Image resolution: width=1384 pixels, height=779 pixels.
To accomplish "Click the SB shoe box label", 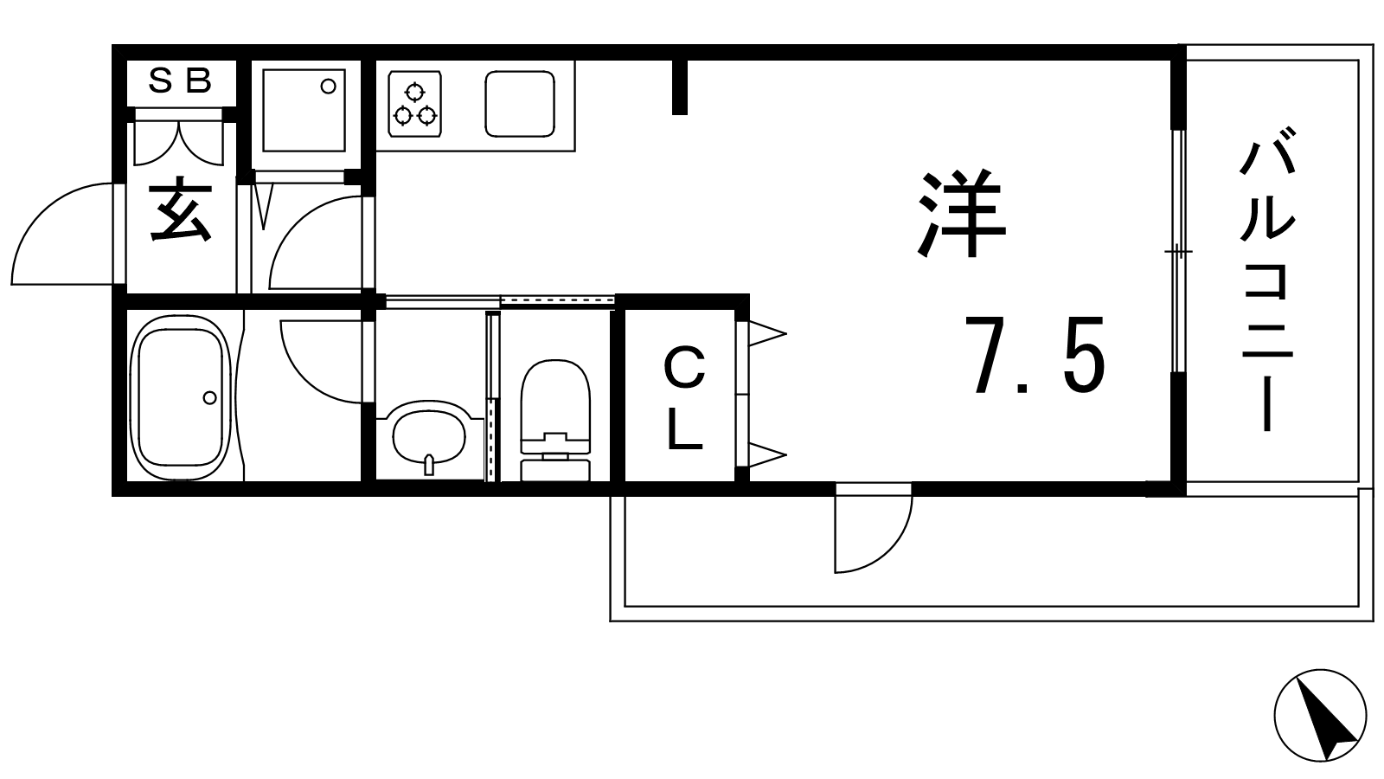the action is (x=180, y=81).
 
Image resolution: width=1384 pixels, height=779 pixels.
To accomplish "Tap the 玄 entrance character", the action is (x=181, y=209).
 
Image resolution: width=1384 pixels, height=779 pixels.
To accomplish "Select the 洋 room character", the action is (x=962, y=213).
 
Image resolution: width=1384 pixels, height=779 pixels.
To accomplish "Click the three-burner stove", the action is (x=414, y=104).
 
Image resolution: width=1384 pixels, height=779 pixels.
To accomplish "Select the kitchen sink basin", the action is (x=520, y=104).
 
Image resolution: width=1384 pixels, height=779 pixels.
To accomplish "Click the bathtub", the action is (x=180, y=397).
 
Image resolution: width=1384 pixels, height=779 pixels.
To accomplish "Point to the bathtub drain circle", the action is (x=209, y=397).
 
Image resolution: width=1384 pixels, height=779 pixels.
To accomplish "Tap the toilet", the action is (x=555, y=420).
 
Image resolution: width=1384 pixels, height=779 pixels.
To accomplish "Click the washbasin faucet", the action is (x=429, y=465).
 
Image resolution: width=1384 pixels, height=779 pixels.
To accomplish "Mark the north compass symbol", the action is (x=1320, y=715).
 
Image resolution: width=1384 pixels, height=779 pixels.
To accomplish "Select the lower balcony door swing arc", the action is (x=874, y=533).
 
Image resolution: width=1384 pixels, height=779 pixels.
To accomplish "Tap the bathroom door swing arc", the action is (x=320, y=362).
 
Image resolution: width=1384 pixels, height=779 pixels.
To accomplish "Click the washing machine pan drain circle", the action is (x=328, y=86).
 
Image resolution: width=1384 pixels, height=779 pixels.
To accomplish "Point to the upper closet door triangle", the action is (x=766, y=334).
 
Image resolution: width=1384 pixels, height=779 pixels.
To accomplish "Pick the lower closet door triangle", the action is (x=766, y=455).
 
